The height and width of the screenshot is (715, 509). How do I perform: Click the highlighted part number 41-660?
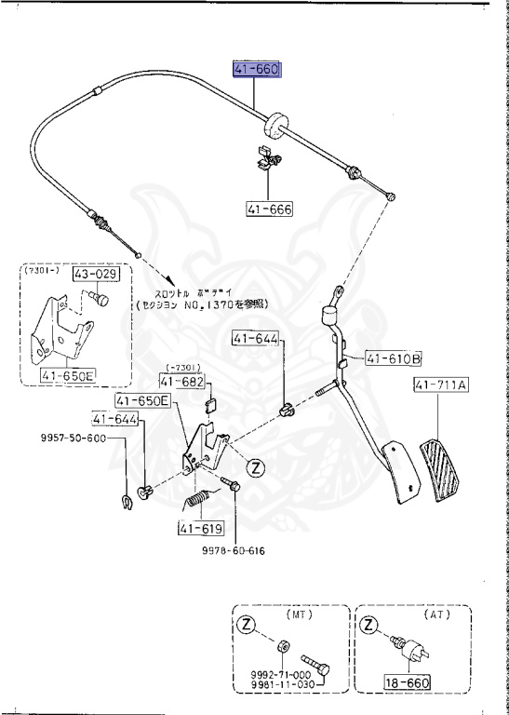(x=256, y=71)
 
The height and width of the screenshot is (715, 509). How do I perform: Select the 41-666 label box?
(x=269, y=209)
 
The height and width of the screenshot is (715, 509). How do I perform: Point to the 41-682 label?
(x=179, y=381)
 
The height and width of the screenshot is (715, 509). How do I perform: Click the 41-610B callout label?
(x=393, y=357)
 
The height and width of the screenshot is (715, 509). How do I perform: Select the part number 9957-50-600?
(x=72, y=438)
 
